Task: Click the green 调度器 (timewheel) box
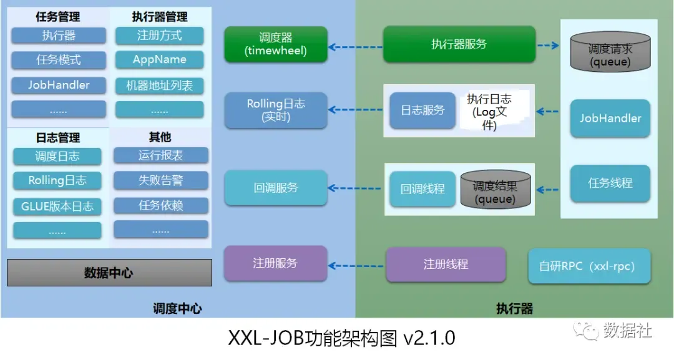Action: (x=276, y=44)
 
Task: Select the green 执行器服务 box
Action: (x=459, y=44)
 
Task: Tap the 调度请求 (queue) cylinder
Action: (x=610, y=54)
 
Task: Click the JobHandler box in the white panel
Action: (x=610, y=118)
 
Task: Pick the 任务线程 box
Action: (x=610, y=183)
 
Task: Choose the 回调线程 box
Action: (x=422, y=188)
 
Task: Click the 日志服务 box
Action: (x=422, y=110)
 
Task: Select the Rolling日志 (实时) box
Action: (x=276, y=110)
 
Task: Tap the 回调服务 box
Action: (x=276, y=187)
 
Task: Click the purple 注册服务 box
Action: (x=276, y=263)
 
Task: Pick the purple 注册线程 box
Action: (x=446, y=265)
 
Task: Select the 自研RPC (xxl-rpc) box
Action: (x=589, y=266)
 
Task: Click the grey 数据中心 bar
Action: (x=109, y=273)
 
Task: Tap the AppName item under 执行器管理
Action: (x=160, y=60)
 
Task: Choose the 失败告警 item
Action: (x=160, y=180)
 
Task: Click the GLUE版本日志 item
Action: (x=57, y=206)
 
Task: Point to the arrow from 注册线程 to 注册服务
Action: (x=356, y=265)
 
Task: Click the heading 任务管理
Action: (x=58, y=17)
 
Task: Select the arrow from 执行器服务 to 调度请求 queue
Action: (x=547, y=46)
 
